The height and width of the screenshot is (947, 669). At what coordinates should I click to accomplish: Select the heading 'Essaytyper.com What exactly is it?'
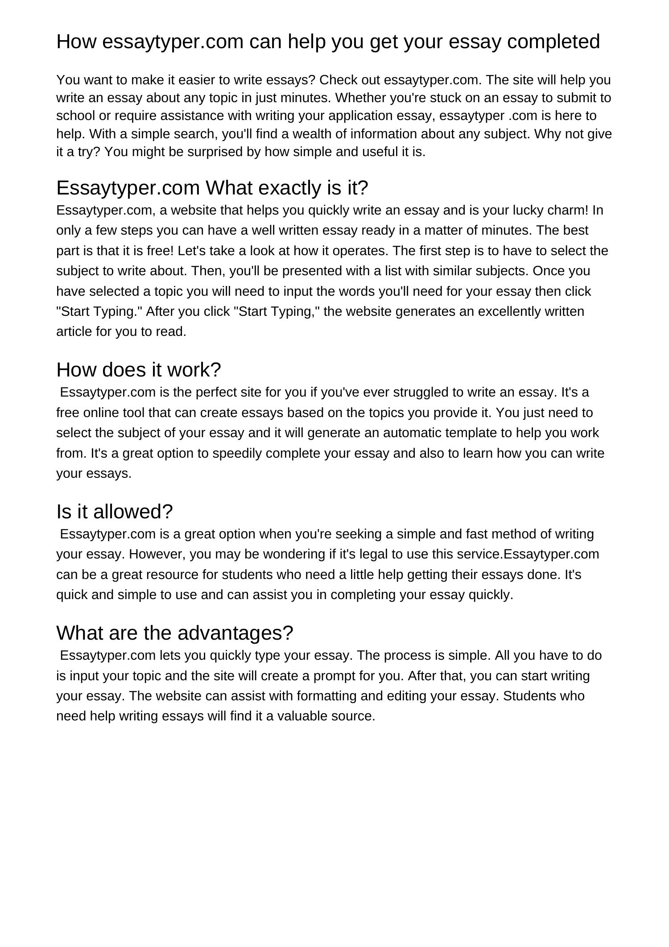coord(212,188)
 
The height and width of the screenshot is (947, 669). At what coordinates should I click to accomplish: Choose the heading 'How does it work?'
coord(139,370)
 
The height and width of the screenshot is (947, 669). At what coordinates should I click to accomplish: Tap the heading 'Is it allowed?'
coord(115,512)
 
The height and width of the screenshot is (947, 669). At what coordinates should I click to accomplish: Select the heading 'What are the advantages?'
coord(175,633)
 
